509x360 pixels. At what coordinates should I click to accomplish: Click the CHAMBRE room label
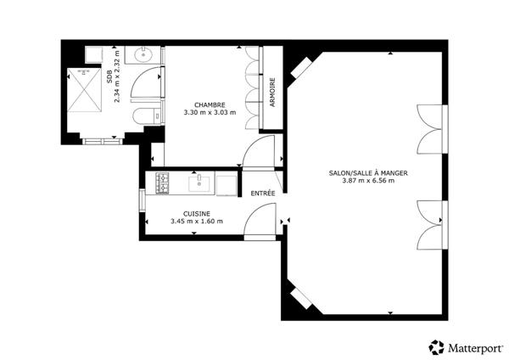210,105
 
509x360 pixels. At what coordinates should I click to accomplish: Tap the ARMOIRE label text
272,92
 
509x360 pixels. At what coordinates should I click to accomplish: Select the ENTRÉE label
263,194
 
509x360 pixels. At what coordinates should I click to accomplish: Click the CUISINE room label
197,214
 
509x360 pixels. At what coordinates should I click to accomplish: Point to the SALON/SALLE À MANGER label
368,173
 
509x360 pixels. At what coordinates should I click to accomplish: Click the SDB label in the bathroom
109,76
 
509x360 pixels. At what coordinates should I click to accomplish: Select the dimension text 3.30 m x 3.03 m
210,113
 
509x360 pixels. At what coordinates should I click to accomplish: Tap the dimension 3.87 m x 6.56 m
368,181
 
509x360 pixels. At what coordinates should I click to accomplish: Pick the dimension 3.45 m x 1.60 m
197,222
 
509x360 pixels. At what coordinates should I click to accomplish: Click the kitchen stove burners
162,183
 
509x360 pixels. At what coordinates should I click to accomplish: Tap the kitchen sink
199,183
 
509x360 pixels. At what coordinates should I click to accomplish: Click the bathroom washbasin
143,54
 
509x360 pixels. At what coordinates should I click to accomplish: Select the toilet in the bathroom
147,116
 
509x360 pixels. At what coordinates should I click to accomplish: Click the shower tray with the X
84,90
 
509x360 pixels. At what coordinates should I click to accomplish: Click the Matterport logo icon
436,347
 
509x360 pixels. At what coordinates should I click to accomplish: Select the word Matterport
476,348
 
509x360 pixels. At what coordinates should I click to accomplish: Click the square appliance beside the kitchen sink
227,186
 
